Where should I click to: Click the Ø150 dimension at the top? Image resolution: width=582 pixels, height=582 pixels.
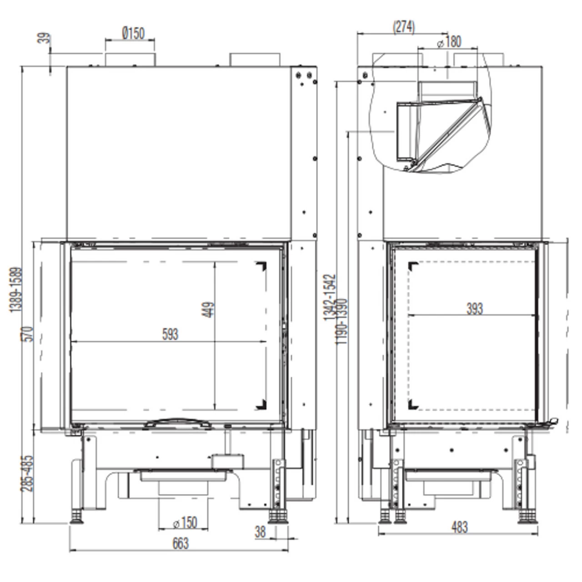tap(133, 33)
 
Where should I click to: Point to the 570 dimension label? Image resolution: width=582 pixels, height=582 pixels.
tap(27, 334)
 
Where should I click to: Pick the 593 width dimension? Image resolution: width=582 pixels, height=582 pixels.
tap(171, 334)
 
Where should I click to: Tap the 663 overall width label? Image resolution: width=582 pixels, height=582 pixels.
tap(181, 544)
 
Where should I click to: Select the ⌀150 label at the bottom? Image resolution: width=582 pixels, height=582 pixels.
tap(185, 522)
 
